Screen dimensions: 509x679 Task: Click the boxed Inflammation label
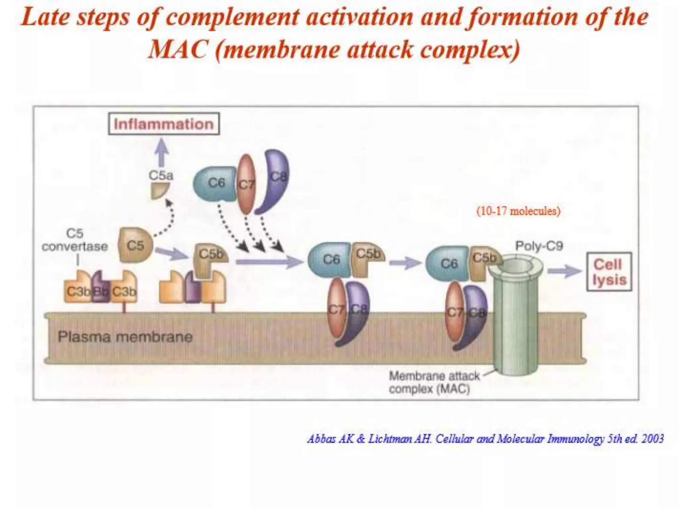coord(164,124)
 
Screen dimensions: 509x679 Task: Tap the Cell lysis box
coord(609,272)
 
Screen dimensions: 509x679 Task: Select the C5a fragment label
coord(161,175)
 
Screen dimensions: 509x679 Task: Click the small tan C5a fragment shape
coord(160,191)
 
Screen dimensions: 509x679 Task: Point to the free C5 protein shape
coord(135,245)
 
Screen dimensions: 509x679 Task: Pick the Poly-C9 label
coord(539,246)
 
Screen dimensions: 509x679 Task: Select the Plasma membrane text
coord(125,337)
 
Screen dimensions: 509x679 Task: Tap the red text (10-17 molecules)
coord(518,211)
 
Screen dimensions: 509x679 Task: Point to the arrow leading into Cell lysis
coord(564,271)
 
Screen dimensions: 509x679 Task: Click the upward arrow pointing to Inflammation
coord(162,152)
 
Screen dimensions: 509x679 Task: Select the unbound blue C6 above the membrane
coord(215,183)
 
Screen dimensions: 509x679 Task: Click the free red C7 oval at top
coord(246,184)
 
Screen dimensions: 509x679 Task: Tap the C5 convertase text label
coord(75,240)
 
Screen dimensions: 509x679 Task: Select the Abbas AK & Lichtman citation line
coord(485,439)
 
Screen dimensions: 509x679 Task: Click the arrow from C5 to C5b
coord(171,254)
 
